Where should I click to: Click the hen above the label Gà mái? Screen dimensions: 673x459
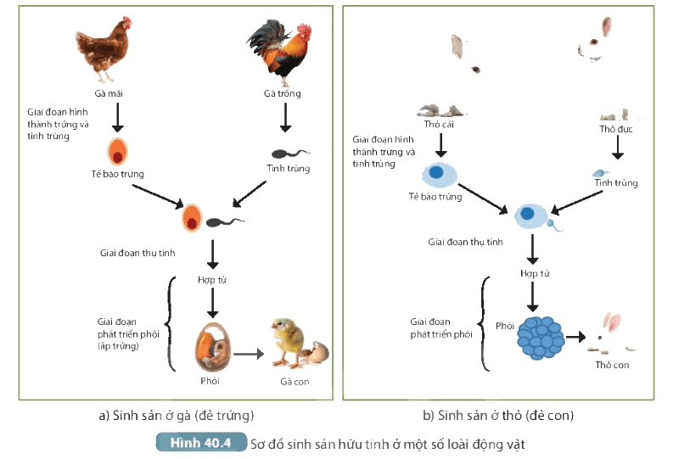103,49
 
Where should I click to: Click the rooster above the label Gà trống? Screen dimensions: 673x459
280,53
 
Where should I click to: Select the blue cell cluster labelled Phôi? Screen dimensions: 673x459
541,338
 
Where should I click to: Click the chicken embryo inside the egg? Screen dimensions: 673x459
213,347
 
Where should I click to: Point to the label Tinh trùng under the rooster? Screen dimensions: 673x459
288,168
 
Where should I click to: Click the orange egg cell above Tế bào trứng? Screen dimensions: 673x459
117,151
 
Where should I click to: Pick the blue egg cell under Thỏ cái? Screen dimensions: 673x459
440,175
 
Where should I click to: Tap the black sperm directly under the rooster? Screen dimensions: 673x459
290,154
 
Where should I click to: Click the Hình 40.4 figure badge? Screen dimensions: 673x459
201,442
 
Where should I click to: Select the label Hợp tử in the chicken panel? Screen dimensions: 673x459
212,280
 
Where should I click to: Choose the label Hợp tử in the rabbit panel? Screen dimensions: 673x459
535,273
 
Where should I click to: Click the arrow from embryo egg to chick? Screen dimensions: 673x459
248,354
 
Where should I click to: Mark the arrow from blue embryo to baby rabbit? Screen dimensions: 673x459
575,337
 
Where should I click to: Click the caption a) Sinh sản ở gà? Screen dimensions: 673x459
177,415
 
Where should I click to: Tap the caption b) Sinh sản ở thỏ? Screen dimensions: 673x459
498,415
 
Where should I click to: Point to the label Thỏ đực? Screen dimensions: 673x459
616,129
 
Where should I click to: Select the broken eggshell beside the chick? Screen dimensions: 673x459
317,353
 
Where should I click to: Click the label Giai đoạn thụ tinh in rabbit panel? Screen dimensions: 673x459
465,242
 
